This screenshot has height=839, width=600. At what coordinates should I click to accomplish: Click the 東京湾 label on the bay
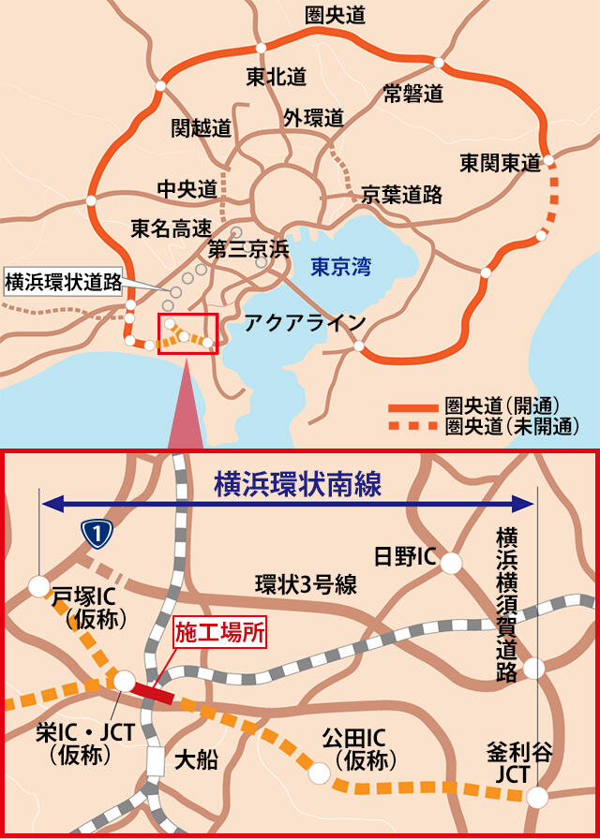340,267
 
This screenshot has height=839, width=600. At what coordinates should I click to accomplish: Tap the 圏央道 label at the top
336,15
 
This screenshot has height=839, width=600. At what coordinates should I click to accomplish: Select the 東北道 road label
277,75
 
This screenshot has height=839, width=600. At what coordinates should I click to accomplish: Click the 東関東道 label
500,162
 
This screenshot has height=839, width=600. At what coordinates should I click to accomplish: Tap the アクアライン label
305,323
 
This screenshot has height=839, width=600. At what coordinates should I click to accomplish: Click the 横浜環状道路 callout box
64,282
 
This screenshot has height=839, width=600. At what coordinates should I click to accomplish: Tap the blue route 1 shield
97,533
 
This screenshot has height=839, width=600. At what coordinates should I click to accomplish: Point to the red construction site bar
153,692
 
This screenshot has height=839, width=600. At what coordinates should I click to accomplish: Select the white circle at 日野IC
452,563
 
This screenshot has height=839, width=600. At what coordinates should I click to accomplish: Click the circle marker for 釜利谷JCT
537,797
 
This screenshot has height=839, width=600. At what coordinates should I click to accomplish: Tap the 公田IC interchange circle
320,773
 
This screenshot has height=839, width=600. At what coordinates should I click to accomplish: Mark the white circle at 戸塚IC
39,586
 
